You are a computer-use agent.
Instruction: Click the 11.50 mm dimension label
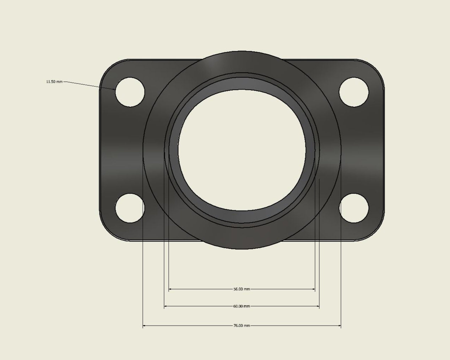(54, 82)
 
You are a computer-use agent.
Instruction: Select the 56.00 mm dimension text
(242, 289)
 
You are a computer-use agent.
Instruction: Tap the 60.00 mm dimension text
(242, 306)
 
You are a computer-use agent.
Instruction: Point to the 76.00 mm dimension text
(242, 325)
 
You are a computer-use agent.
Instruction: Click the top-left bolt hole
(130, 92)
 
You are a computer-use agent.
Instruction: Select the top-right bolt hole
(354, 92)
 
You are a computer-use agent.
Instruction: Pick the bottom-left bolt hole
(130, 208)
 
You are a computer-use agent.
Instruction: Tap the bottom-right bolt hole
(354, 208)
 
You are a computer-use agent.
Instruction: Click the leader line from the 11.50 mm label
(89, 85)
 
